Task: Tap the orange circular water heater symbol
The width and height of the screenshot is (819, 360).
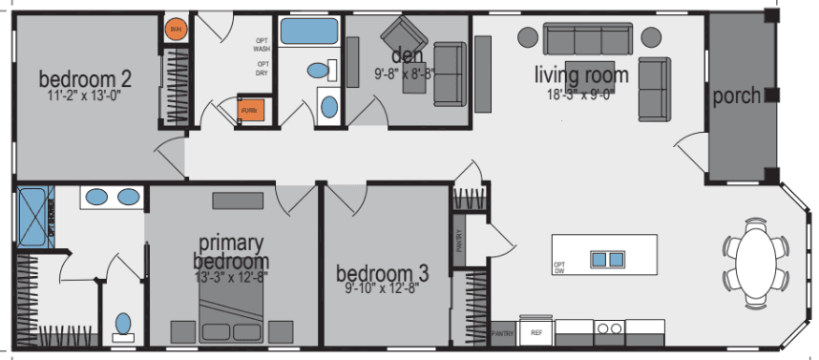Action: click(176, 31)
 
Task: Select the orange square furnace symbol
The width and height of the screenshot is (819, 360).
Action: click(251, 111)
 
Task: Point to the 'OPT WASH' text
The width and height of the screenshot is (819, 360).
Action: click(262, 44)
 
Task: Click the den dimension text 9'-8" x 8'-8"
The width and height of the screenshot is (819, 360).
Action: click(406, 72)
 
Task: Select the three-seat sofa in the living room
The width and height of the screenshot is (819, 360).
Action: click(587, 39)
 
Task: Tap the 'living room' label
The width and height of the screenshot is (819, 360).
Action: click(580, 74)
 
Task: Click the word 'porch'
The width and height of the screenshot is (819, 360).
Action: click(736, 95)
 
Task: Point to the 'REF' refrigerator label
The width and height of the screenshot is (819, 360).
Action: click(535, 332)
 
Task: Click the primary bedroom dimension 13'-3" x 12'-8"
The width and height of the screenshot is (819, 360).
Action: click(231, 276)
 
